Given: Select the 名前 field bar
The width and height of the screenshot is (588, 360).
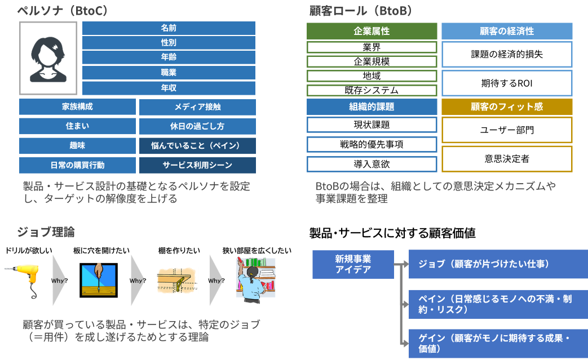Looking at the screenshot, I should [x=169, y=28].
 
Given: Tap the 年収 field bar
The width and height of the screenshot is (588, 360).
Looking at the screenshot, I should [x=169, y=88].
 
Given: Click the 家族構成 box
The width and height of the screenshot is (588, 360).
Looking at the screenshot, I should [x=77, y=106].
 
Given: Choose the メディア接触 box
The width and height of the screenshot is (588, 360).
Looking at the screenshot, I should [x=197, y=107].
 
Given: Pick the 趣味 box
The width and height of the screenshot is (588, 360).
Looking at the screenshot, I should [x=77, y=145].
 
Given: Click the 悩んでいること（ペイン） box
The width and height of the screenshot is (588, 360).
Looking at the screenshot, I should [x=197, y=146].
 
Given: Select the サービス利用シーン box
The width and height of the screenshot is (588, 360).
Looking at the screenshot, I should [x=197, y=165].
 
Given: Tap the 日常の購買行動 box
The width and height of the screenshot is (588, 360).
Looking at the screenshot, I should [x=77, y=165].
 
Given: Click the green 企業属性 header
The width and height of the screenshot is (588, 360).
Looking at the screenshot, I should [x=372, y=32].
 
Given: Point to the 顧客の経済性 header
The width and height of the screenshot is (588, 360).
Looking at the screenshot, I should [x=506, y=32].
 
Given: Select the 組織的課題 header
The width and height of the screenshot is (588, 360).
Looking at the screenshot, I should [x=372, y=106].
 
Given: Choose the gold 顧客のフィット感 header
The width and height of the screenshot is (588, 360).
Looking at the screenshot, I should [x=506, y=106].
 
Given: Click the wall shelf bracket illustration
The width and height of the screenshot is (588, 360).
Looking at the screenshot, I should [x=176, y=280].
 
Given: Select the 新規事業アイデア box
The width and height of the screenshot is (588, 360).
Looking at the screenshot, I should [x=353, y=264].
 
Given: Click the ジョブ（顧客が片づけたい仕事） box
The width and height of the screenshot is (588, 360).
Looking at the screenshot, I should [x=498, y=264].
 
